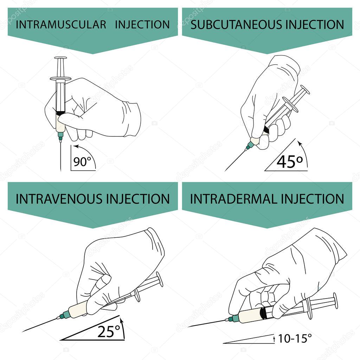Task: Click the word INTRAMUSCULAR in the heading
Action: [61, 25]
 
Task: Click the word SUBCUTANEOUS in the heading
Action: [232, 25]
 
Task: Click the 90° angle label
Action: [82, 162]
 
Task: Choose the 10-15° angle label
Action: [295, 339]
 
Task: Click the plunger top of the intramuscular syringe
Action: [60, 58]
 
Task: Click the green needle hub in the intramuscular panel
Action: [60, 135]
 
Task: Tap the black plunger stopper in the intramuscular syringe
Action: [60, 113]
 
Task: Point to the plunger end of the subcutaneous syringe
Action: [305, 90]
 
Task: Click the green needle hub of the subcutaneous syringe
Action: [250, 145]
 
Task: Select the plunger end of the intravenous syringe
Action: [160, 279]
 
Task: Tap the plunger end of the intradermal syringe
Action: [335, 301]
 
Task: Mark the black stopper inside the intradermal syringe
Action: [262, 312]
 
